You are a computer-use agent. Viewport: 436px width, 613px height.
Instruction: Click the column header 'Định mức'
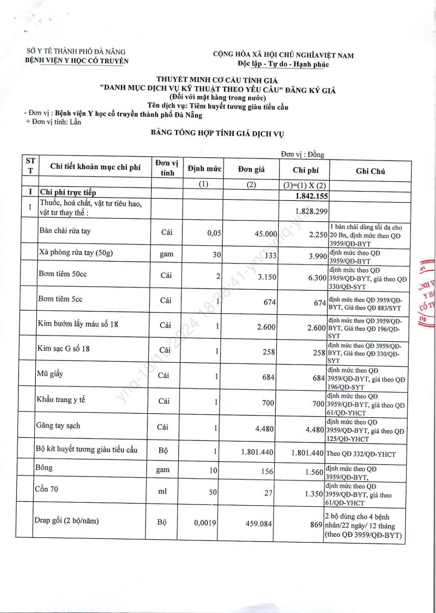(204, 169)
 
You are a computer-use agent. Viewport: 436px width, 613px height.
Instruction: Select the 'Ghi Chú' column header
(370, 172)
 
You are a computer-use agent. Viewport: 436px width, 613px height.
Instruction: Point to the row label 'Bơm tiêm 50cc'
(62, 274)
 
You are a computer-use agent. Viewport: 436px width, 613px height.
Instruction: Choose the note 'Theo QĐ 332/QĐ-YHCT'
(360, 454)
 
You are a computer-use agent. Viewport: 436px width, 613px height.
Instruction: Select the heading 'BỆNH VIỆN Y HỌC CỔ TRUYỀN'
(77, 60)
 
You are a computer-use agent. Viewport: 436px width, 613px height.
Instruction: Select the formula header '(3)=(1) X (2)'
(305, 185)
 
